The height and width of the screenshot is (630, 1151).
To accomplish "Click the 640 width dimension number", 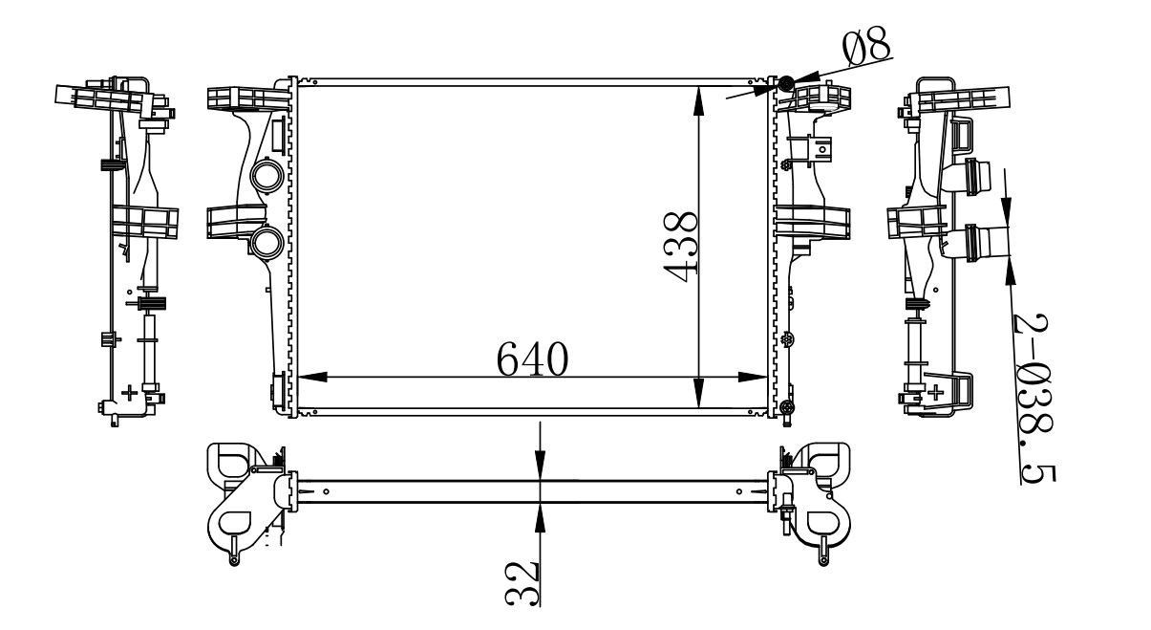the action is (532, 358).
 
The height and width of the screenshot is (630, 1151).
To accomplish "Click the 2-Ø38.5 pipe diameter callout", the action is (1034, 398).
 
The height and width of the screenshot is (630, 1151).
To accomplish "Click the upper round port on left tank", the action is (266, 176).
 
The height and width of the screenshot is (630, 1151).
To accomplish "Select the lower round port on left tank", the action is (266, 243).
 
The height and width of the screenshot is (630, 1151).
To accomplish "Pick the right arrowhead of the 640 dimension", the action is (753, 377).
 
